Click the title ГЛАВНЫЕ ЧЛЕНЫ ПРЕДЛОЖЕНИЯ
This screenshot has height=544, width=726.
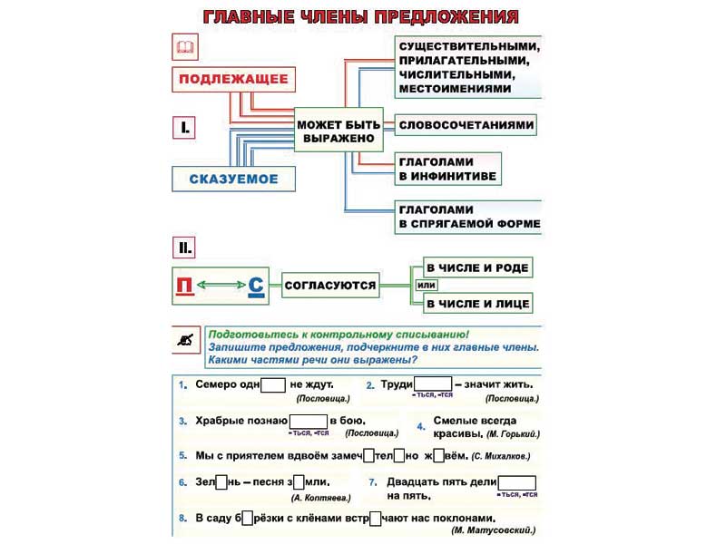(x=361, y=17)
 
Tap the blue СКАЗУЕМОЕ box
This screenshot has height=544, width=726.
(x=233, y=179)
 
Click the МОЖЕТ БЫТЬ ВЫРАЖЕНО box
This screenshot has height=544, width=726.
(x=336, y=131)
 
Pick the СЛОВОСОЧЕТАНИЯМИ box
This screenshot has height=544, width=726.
(x=466, y=124)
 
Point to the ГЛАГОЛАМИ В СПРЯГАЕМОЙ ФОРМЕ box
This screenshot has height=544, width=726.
(x=468, y=216)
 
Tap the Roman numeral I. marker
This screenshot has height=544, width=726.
(x=184, y=128)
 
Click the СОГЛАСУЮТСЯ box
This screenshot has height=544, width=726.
(x=329, y=286)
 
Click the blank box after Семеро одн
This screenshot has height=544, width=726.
(x=273, y=384)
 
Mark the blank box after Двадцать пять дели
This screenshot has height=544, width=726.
(x=517, y=482)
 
